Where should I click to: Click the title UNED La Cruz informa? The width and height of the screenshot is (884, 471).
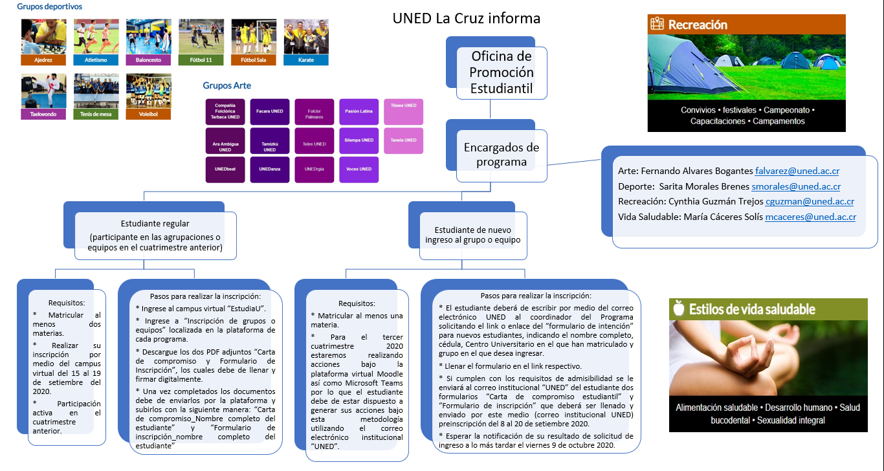click(x=466, y=18)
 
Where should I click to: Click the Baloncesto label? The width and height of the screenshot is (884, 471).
click(x=148, y=60)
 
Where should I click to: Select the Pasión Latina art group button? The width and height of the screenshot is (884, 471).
click(x=359, y=111)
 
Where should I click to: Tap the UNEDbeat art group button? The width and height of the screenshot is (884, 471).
click(x=225, y=170)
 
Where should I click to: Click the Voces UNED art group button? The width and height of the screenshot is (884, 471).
click(x=359, y=170)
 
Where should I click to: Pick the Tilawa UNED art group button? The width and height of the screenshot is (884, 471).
click(x=403, y=111)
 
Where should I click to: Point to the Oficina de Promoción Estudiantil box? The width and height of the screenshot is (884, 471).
click(x=502, y=72)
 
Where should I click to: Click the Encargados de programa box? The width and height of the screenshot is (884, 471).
click(x=502, y=155)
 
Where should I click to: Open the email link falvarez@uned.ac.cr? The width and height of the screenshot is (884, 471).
click(x=797, y=171)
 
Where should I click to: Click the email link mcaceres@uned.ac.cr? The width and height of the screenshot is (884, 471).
click(x=810, y=217)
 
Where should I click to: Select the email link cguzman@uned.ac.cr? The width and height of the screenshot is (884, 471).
click(x=810, y=202)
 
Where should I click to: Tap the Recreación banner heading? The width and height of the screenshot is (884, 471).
click(x=698, y=25)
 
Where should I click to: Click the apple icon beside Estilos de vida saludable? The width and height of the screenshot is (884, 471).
click(x=679, y=309)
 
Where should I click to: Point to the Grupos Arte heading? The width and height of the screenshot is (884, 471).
click(x=227, y=85)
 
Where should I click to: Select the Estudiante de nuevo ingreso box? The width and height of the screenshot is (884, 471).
click(x=478, y=235)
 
